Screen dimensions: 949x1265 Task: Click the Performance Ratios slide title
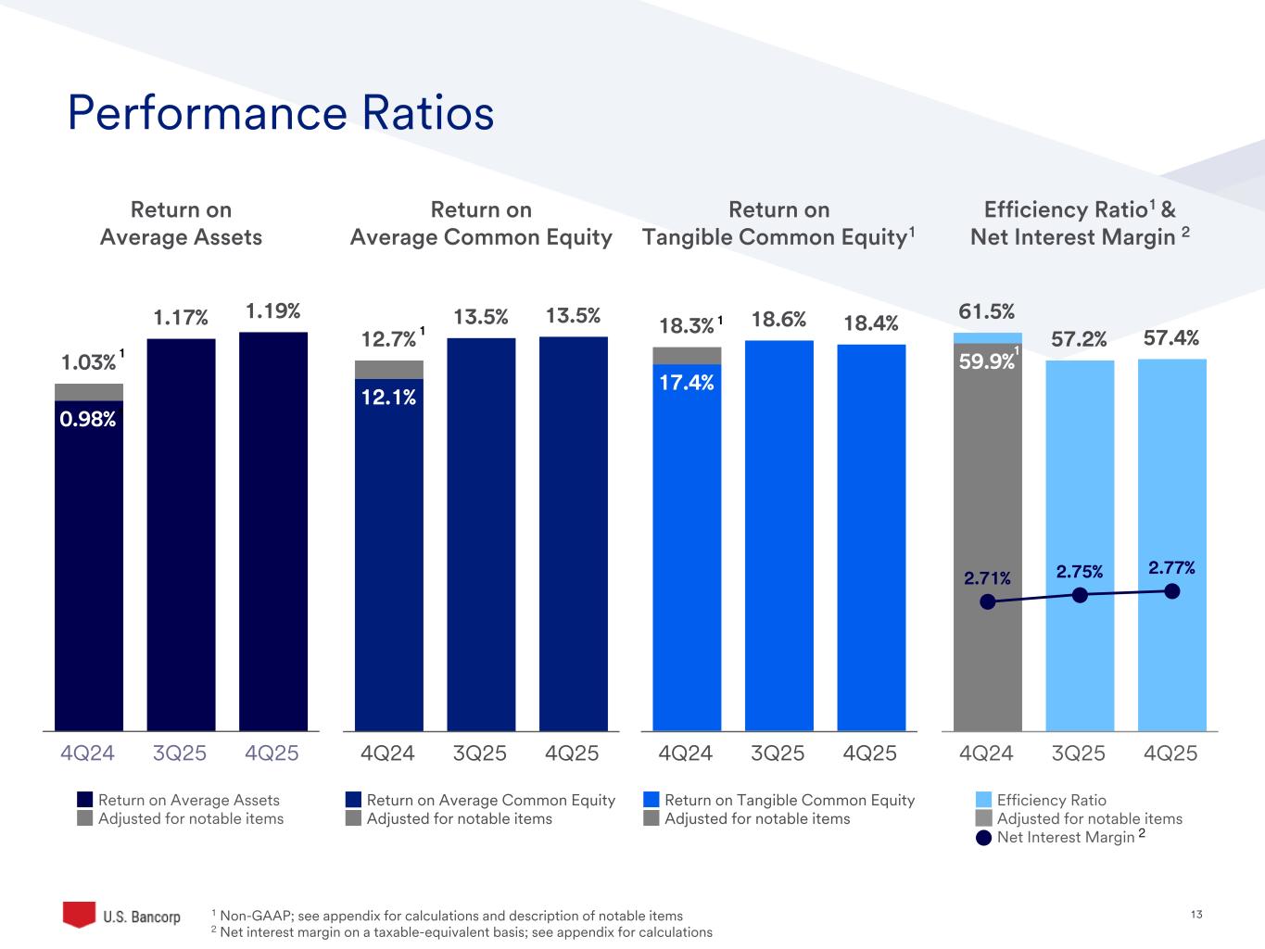[x=281, y=114]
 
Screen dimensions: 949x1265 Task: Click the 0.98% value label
[x=88, y=420]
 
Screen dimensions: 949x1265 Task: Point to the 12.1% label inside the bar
[x=388, y=398]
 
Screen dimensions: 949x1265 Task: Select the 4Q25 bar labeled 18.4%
[x=871, y=538]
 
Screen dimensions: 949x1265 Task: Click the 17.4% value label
[x=687, y=382]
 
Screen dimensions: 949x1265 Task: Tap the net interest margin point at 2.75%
[x=1080, y=595]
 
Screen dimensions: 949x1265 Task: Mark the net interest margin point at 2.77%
[x=1172, y=591]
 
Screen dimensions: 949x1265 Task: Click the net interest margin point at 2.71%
[x=988, y=601]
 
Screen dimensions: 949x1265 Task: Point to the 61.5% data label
[x=986, y=311]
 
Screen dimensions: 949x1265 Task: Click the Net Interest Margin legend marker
[x=985, y=838]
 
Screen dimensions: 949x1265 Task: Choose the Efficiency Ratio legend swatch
[x=985, y=800]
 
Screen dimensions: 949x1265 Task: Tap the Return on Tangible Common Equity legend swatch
[x=651, y=800]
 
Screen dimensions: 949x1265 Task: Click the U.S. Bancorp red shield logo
[x=79, y=914]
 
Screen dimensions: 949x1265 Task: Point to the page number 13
[x=1195, y=916]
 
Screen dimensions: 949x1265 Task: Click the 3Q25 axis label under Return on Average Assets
[x=181, y=753]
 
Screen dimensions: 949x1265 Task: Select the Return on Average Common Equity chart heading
[x=481, y=223]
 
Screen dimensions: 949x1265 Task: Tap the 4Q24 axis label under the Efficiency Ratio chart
[x=987, y=753]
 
